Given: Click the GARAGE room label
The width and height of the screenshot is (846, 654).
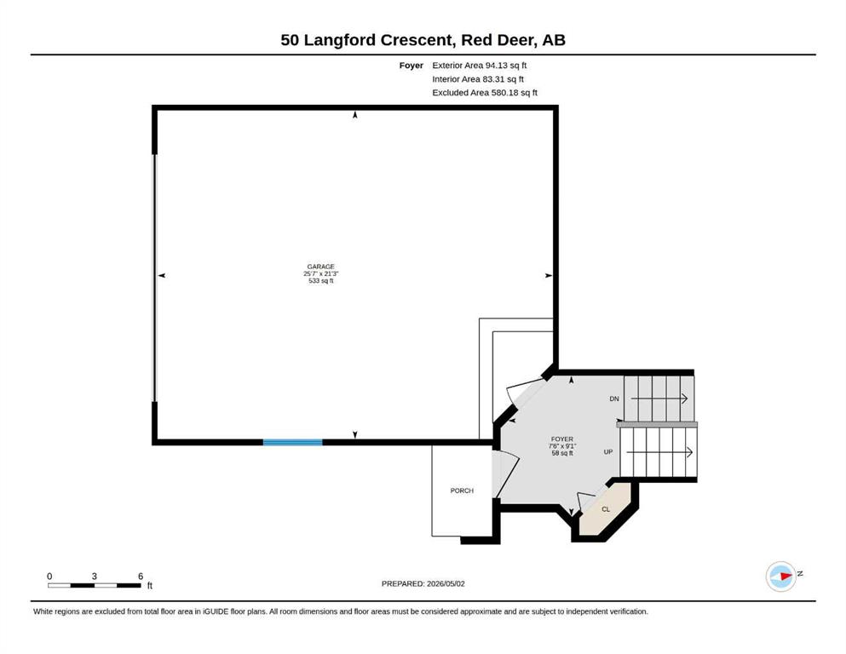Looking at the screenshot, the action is coord(320,267).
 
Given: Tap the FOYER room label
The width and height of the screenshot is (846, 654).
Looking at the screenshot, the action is coord(561,439).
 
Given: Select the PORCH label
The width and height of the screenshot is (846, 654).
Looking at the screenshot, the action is coord(462,490).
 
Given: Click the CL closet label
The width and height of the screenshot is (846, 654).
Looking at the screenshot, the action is coord(606,509).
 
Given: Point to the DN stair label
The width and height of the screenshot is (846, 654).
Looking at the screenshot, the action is coord(614,399).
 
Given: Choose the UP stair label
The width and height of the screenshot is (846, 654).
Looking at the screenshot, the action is coord(608,452).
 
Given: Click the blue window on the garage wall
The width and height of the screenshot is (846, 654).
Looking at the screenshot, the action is coord(292,442).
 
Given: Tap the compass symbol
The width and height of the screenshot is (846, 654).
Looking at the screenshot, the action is coord(781,577).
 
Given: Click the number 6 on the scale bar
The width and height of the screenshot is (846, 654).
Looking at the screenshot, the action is coord(141,577).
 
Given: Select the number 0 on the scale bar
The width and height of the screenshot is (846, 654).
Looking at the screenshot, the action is coord(49,577).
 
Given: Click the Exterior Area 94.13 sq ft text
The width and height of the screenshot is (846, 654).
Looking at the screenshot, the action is coord(479,66).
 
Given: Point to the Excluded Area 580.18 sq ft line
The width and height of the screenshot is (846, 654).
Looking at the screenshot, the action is coord(485,92).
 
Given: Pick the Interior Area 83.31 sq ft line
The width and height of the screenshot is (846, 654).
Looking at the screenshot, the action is coord(477,78).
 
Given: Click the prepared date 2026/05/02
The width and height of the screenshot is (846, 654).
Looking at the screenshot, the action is coord(446,583).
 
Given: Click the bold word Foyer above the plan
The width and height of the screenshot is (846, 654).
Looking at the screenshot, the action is coord(411,66).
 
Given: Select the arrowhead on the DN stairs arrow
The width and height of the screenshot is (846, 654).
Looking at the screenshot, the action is coord(684,399).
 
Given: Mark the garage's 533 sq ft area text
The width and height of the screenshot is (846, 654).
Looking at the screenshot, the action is coord(320,281).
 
